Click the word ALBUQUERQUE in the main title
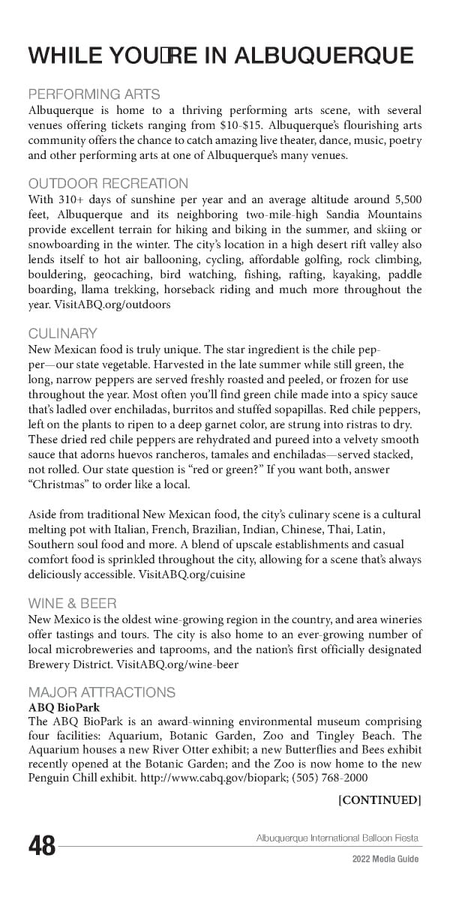click(x=323, y=55)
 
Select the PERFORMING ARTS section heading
click(x=94, y=94)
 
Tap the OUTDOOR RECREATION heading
click(x=108, y=184)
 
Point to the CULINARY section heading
click(x=63, y=334)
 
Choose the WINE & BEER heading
click(x=72, y=603)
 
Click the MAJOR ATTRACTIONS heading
click(x=102, y=692)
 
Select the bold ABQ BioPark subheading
click(x=64, y=707)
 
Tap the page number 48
click(x=42, y=846)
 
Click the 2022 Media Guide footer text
click(x=385, y=859)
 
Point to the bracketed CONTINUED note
click(x=380, y=800)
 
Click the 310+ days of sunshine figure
click(x=67, y=199)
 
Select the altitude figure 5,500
click(x=407, y=199)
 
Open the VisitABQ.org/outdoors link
click(x=112, y=304)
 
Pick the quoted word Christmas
click(x=58, y=484)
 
